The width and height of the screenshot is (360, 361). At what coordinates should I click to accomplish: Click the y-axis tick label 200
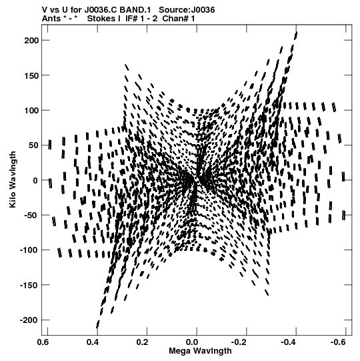(31, 41)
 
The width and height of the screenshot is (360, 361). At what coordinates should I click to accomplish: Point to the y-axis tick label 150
(31, 75)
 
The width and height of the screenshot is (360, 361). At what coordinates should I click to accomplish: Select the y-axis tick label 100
(31, 111)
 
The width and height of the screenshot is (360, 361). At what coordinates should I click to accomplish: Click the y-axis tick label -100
(29, 250)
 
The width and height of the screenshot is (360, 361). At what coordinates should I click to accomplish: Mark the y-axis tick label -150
(29, 286)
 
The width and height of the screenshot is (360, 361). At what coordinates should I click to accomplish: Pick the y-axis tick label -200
(29, 320)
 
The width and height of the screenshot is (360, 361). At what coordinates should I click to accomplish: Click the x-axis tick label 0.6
(43, 342)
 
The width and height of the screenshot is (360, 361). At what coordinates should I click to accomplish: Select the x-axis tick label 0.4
(93, 342)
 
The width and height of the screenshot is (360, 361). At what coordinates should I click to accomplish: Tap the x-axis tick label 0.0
(192, 342)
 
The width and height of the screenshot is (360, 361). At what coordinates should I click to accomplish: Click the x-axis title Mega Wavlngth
(200, 351)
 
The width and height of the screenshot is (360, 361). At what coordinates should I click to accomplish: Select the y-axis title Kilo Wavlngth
(13, 179)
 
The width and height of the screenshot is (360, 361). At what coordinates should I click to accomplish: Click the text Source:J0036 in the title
(187, 10)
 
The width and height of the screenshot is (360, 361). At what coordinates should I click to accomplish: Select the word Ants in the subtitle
(51, 19)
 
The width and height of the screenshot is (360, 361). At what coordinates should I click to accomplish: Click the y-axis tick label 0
(35, 180)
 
